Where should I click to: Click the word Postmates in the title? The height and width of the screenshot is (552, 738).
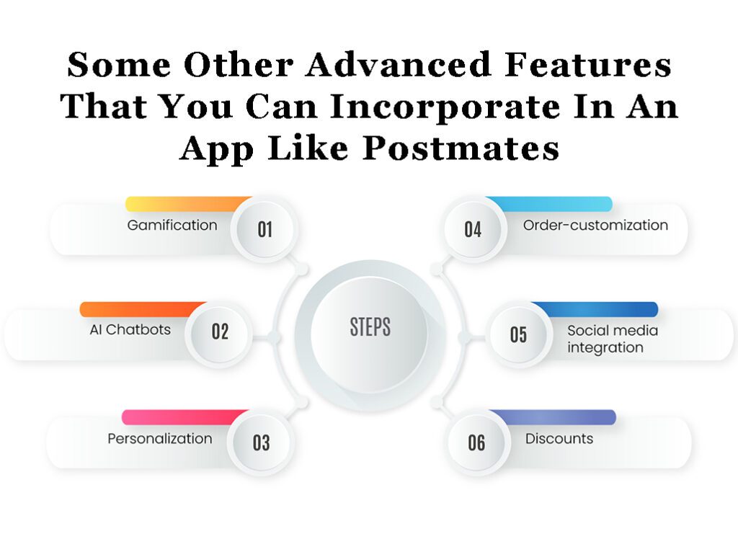click(461, 148)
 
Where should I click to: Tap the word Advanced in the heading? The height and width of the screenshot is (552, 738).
click(399, 64)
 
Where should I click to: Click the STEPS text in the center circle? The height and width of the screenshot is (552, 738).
click(370, 327)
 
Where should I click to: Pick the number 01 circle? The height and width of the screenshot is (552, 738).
click(264, 229)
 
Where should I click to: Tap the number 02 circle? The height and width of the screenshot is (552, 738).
click(219, 331)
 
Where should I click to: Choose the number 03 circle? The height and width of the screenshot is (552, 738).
click(261, 442)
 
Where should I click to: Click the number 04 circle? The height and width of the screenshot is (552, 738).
click(473, 229)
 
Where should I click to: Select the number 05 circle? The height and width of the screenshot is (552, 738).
click(519, 334)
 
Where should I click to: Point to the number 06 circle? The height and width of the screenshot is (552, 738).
click(476, 442)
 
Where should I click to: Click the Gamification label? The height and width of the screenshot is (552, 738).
click(172, 226)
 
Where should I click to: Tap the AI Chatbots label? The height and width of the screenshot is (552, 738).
click(130, 330)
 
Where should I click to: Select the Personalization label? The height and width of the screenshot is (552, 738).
click(160, 439)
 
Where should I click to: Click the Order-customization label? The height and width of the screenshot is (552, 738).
click(595, 225)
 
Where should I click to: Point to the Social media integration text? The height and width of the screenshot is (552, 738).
click(613, 339)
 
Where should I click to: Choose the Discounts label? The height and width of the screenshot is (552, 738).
click(559, 439)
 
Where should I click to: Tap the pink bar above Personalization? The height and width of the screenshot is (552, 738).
click(184, 417)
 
